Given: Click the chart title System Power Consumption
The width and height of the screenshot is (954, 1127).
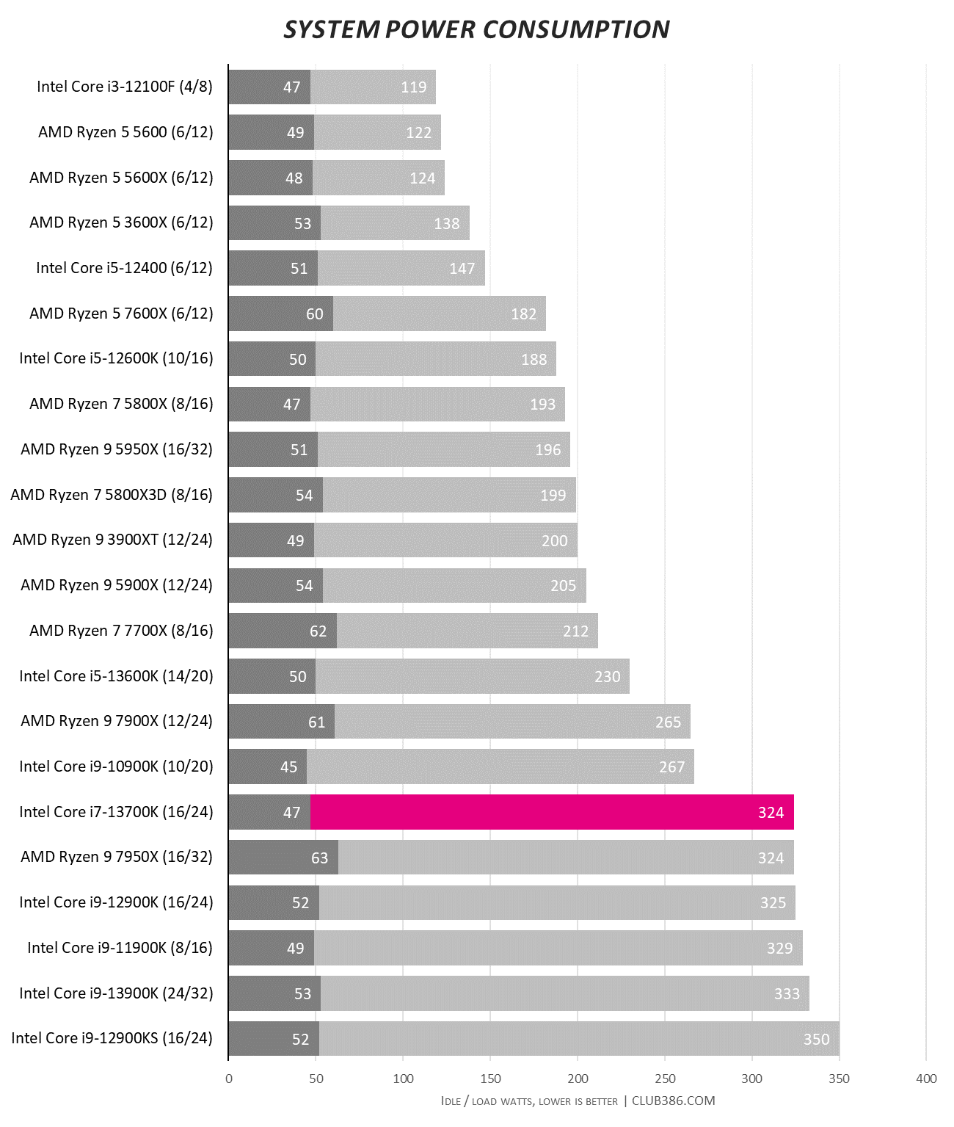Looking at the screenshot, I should (x=476, y=29).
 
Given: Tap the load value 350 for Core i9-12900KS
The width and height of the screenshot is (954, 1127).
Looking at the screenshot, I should (x=816, y=1039).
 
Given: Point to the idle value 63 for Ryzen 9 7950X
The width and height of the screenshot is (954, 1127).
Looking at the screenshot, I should (x=319, y=858).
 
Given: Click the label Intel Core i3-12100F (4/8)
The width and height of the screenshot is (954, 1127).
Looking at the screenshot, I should (x=125, y=87).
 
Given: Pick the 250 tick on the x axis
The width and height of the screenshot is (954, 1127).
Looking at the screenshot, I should (x=665, y=1079).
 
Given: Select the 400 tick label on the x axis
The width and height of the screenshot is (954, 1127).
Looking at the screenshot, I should (x=926, y=1079).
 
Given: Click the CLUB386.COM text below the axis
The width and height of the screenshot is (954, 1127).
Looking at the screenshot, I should (x=673, y=1100).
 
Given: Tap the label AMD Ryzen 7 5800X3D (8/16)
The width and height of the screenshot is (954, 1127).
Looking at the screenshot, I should (x=112, y=495).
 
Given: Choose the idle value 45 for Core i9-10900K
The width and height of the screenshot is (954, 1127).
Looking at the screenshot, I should (x=288, y=767).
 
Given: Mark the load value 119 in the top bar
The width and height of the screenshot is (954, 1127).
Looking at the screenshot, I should (x=413, y=87).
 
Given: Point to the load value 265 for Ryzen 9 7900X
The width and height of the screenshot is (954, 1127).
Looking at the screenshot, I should (x=668, y=722).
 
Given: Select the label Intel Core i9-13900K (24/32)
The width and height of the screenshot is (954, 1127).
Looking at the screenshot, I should (x=116, y=993).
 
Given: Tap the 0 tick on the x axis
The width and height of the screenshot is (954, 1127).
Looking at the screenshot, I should (x=229, y=1079).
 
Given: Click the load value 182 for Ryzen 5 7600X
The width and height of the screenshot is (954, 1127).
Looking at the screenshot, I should (x=523, y=314).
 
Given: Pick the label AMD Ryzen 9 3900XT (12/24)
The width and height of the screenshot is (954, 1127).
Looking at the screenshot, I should (x=113, y=540).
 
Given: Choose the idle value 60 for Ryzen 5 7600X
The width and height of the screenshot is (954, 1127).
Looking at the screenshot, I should (x=314, y=314).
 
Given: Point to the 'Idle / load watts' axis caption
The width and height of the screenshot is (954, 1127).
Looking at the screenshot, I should (x=528, y=1101).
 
